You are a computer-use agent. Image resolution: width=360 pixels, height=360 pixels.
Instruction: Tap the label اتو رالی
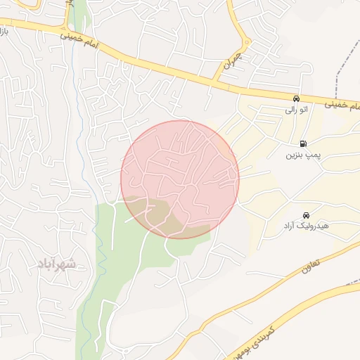click(295, 110)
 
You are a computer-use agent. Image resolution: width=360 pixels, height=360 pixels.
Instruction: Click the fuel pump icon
click(303, 143)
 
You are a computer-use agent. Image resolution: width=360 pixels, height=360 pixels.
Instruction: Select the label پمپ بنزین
click(303, 155)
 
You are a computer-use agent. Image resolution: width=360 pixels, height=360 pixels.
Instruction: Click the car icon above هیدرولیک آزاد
click(306, 214)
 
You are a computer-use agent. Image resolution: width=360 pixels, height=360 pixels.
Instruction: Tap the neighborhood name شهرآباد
click(52, 264)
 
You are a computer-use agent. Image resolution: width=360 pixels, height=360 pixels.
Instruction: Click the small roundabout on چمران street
click(245, 43)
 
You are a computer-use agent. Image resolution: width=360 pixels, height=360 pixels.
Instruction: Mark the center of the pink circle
click(180, 179)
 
